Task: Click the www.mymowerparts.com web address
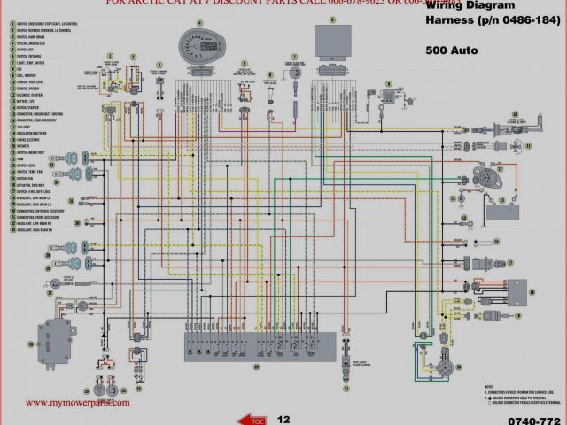(77, 402)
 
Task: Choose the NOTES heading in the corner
(490, 387)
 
